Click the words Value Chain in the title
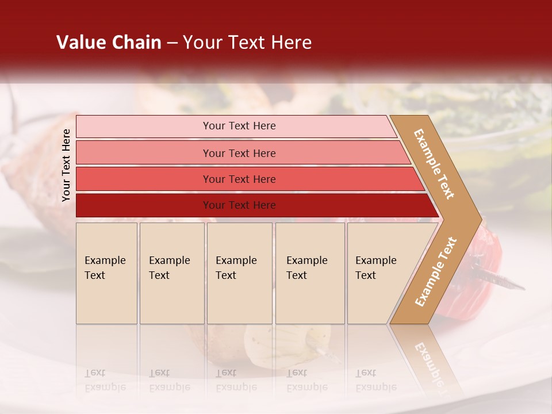(x=109, y=43)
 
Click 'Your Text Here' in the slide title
(x=247, y=43)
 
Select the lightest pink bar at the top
(x=144, y=126)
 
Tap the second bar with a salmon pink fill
(x=144, y=153)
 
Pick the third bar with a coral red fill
(x=144, y=179)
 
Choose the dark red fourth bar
(x=144, y=205)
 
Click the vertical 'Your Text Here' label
(x=66, y=165)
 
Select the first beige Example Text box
(x=106, y=273)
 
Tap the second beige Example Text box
(x=171, y=273)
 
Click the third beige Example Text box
(x=239, y=273)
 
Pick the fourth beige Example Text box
(x=309, y=273)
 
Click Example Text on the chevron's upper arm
(x=434, y=164)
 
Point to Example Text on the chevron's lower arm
(x=436, y=271)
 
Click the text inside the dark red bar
(x=239, y=205)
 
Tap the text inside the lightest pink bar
(x=239, y=126)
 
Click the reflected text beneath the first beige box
(x=105, y=380)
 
